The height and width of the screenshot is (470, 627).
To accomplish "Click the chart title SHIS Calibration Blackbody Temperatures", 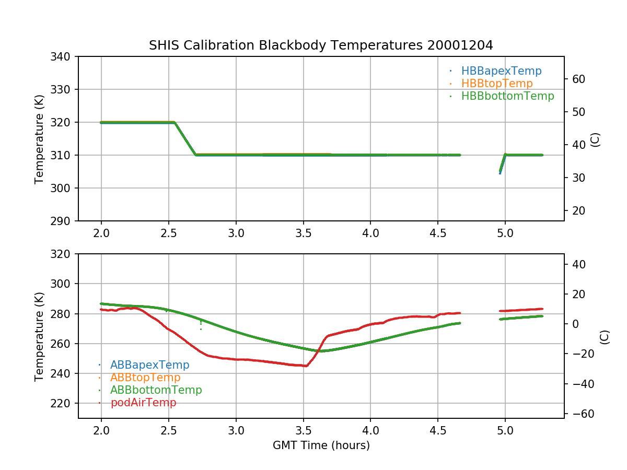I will pos(321,45).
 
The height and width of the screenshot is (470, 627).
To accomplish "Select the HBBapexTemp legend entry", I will pos(501,71).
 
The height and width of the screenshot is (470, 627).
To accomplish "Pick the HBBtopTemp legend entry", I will pos(497,84).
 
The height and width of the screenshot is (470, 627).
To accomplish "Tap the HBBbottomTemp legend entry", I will pos(507,96).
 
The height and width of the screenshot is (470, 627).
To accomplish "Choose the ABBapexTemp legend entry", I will pos(149,365).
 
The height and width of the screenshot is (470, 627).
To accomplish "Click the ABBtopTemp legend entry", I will pos(145,378).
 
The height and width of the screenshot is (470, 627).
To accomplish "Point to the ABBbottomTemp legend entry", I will pos(156,390).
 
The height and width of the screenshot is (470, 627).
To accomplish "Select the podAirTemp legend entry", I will pos(143,403).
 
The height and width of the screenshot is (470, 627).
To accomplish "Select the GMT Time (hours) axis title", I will pos(321,445).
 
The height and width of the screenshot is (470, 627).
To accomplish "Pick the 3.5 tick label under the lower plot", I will pos(303,432).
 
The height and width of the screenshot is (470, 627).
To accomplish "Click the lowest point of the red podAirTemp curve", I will pos(306,366).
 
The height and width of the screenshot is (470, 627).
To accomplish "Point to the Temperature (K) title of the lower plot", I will pos(39,336).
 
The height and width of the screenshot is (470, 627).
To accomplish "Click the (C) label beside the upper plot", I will pos(595,139).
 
